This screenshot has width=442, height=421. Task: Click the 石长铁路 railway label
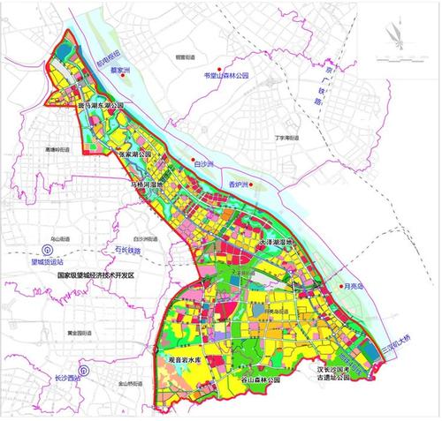point(135,250)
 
